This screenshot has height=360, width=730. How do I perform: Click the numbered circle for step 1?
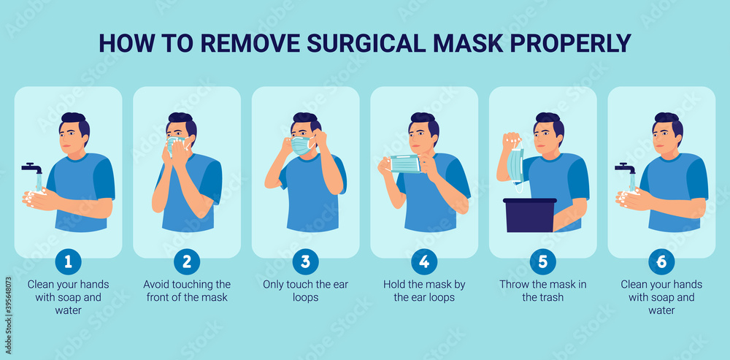pyautogui.click(x=68, y=261)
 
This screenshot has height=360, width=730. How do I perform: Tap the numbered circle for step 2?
pyautogui.click(x=187, y=261)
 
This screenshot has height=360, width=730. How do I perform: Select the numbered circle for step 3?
pyautogui.click(x=305, y=261)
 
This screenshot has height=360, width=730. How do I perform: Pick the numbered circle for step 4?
pyautogui.click(x=424, y=261)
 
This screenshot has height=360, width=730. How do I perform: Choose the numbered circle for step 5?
pyautogui.click(x=542, y=261)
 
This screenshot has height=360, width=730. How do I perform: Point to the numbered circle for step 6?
pyautogui.click(x=661, y=261)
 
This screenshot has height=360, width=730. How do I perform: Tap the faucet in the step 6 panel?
pyautogui.click(x=626, y=169)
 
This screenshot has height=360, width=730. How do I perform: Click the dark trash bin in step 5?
pyautogui.click(x=529, y=215)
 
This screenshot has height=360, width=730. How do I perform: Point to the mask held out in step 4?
pyautogui.click(x=405, y=164)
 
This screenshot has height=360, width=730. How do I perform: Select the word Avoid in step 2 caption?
pyautogui.click(x=157, y=284)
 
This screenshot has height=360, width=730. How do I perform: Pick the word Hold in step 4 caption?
pyautogui.click(x=395, y=284)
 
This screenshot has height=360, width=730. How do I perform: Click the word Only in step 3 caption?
pyautogui.click(x=276, y=284)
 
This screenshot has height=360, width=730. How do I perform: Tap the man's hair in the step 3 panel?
pyautogui.click(x=306, y=119)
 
